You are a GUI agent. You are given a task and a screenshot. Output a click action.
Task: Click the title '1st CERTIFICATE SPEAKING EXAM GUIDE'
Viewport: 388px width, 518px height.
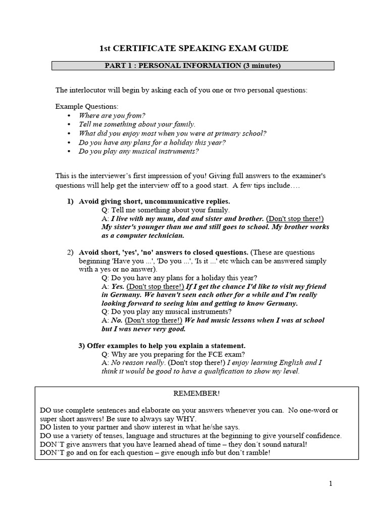point(193,49)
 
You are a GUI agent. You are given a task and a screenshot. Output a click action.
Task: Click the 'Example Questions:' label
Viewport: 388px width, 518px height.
point(86,107)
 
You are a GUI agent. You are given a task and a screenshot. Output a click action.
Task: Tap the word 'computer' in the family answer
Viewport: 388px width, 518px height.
point(135,235)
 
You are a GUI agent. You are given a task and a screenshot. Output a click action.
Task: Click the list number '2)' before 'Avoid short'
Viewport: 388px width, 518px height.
point(71,252)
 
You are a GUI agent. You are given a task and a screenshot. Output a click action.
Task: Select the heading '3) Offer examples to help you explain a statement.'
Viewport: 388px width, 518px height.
point(162,346)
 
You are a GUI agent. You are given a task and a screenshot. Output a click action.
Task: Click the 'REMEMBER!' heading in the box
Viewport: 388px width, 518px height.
point(196,393)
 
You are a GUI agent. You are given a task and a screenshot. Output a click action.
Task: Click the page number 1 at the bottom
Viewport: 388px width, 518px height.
point(331,484)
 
